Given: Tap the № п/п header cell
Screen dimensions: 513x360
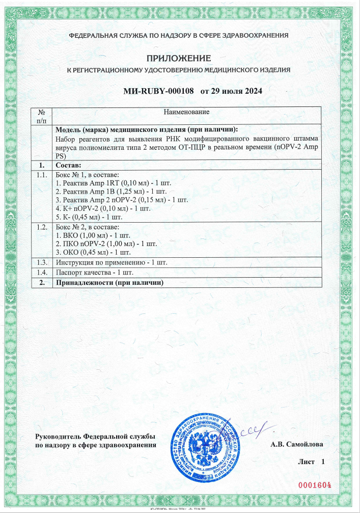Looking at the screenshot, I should point(42,116).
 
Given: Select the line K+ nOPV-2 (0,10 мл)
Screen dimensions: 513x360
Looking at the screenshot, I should point(95,208).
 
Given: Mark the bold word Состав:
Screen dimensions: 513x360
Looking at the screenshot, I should point(68,166).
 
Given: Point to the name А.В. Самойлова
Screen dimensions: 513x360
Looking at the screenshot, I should point(297,444).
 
